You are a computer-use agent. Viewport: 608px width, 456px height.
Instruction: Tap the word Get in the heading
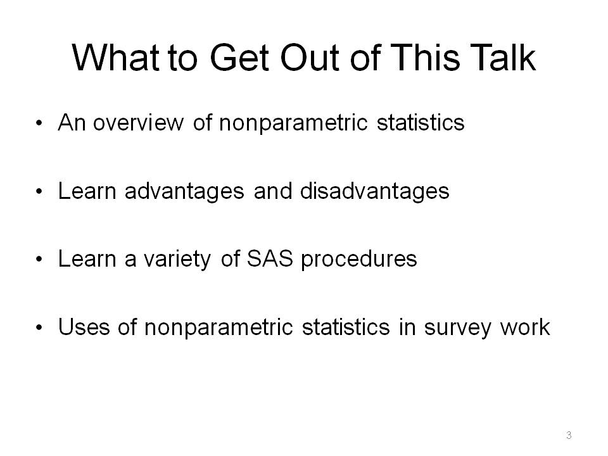pos(239,58)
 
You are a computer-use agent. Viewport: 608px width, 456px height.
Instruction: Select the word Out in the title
pos(310,58)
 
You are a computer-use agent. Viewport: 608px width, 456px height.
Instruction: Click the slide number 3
pos(569,435)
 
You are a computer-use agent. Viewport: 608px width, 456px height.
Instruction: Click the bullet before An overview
pos(39,123)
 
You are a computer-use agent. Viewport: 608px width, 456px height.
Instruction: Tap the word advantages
pos(184,191)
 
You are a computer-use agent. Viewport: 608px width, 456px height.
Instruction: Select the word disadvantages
pos(374,191)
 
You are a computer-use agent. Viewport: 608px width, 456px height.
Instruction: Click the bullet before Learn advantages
pos(39,192)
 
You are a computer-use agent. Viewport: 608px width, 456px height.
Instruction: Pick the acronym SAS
pos(270,258)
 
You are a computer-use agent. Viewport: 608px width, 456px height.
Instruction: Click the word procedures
pos(359,260)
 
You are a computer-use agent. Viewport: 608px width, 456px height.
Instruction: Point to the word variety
pos(177,260)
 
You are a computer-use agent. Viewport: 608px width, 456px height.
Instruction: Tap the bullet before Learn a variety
pos(39,260)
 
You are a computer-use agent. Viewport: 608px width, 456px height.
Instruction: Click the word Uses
pos(84,327)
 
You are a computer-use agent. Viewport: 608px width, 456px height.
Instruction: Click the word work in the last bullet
pos(525,327)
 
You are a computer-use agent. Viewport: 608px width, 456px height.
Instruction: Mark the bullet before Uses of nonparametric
pos(39,328)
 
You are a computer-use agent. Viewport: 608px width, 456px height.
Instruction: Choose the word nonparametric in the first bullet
pos(293,123)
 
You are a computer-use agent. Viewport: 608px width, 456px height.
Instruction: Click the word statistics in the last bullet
pos(346,327)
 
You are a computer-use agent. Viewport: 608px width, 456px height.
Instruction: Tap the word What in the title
pos(115,58)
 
